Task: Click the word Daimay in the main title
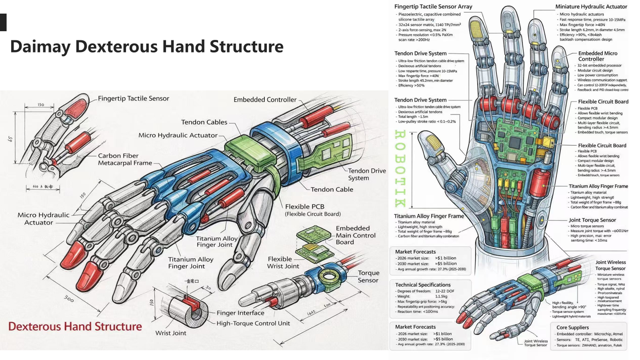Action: coord(40,46)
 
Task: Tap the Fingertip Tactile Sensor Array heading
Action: coord(433,7)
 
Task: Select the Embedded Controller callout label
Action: coord(265,100)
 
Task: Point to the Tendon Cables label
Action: coord(204,122)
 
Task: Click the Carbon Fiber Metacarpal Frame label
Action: coord(124,159)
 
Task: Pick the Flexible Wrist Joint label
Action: coord(283,262)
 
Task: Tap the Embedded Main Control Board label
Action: coord(355,235)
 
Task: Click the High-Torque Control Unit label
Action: coord(253,323)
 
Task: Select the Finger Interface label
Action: coord(240,313)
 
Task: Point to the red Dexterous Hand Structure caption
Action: coord(75,327)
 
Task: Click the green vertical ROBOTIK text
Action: coord(400,168)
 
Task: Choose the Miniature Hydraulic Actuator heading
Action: coord(591,7)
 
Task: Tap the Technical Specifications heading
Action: coord(423,285)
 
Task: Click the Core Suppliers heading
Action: coord(572,328)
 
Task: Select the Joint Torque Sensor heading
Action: coord(592,220)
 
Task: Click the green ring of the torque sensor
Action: coord(328,276)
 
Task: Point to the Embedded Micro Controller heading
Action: coord(597,56)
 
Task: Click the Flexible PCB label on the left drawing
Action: coord(304,207)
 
